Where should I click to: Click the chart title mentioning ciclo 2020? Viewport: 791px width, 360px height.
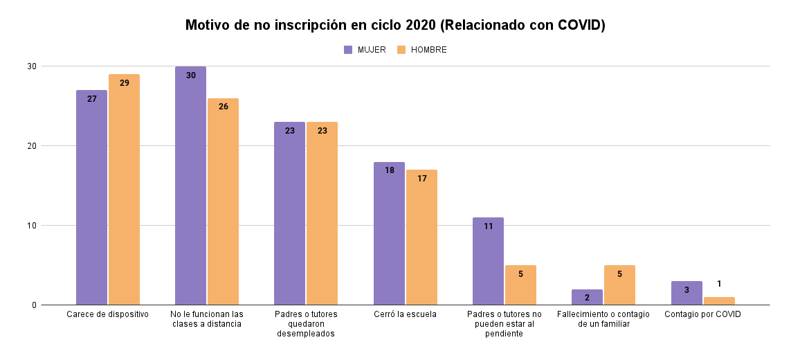point(395,26)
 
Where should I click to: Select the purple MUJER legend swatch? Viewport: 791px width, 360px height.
point(348,50)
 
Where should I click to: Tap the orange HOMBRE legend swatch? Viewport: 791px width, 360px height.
point(401,50)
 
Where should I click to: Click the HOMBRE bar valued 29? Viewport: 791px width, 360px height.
point(124,190)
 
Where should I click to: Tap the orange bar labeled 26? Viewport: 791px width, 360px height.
point(223,201)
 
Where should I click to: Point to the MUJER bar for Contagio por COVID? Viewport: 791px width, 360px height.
point(687,294)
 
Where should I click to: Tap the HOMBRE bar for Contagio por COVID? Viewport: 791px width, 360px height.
point(719,301)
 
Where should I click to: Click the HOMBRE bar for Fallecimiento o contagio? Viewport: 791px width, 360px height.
point(619,285)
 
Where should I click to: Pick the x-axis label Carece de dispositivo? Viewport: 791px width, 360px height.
point(108,314)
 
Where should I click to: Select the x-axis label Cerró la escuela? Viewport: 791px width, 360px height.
point(406,314)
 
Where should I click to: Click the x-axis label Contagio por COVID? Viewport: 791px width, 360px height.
point(702,314)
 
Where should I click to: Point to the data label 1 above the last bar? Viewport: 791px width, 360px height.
point(719,284)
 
